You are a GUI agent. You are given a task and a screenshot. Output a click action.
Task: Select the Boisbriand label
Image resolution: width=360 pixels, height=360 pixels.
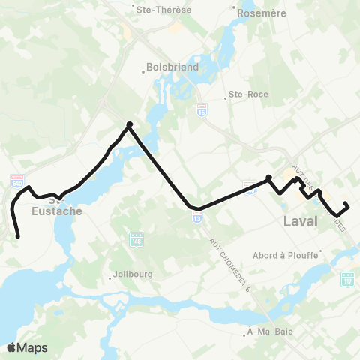pyautogui.click(x=169, y=65)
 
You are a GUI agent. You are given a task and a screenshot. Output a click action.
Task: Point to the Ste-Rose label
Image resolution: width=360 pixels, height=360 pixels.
pyautogui.click(x=244, y=95)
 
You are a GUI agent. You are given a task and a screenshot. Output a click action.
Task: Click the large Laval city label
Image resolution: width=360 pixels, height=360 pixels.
pyautogui.click(x=301, y=221)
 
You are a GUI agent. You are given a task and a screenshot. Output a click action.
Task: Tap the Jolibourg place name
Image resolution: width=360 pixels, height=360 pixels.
pyautogui.click(x=134, y=274)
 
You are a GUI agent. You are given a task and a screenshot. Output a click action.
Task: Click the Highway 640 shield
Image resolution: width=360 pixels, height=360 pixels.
pyautogui.click(x=17, y=181)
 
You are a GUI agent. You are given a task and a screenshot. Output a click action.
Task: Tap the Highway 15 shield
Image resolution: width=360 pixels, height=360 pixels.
pyautogui.click(x=202, y=111)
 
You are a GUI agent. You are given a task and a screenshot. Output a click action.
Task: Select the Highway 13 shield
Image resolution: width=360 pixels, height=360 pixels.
pyautogui.click(x=196, y=218)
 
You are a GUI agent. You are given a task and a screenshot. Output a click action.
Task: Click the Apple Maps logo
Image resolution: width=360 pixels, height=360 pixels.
pyautogui.click(x=27, y=347)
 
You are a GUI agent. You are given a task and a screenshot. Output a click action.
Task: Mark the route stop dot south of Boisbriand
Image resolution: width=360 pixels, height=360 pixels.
pyautogui.click(x=129, y=124)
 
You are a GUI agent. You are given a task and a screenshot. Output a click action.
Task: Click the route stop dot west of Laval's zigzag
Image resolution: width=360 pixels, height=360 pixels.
pyautogui.click(x=268, y=178)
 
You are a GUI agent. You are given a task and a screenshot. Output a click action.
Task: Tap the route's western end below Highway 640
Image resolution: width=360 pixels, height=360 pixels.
pyautogui.click(x=17, y=237)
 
